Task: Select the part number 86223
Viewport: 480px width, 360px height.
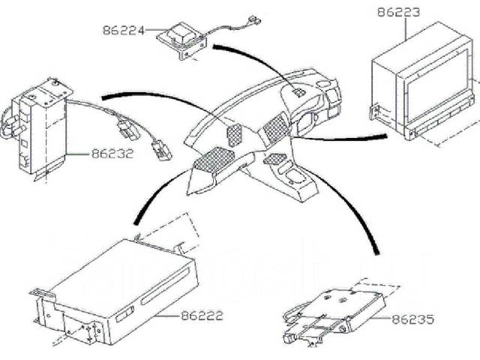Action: point(398,13)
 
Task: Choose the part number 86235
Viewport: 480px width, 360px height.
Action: point(412,319)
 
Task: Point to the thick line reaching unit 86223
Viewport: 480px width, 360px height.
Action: point(345,136)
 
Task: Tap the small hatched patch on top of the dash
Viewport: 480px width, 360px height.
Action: point(298,92)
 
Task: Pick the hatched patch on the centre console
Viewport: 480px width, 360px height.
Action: point(276,158)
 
